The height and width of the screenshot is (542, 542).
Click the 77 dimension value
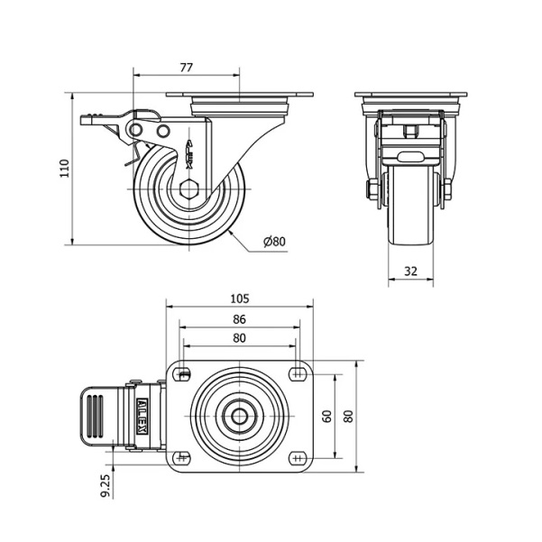click(186, 68)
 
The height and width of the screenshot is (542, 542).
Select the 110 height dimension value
click(65, 169)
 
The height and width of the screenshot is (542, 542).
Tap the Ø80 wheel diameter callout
click(275, 242)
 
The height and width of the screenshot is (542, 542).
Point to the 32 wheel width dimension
click(410, 271)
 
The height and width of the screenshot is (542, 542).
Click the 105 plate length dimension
click(240, 299)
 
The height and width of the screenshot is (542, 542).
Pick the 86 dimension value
click(239, 319)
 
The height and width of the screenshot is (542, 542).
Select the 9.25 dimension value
click(106, 485)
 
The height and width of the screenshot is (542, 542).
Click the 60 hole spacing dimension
click(326, 416)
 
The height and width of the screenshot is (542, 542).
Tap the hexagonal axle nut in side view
click(188, 189)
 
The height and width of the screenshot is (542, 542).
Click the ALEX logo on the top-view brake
click(142, 416)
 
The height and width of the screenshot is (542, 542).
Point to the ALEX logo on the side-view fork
click(189, 154)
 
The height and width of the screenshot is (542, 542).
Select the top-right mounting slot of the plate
click(297, 374)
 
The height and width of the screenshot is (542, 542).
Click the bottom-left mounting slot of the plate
click(182, 458)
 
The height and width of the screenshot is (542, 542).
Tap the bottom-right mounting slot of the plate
click(297, 458)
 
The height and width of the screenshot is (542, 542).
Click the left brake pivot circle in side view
click(136, 130)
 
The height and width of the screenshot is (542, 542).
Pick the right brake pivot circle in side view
click(163, 131)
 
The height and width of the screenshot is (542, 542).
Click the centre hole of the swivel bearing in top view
click(239, 416)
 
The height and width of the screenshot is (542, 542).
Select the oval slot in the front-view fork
click(410, 157)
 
